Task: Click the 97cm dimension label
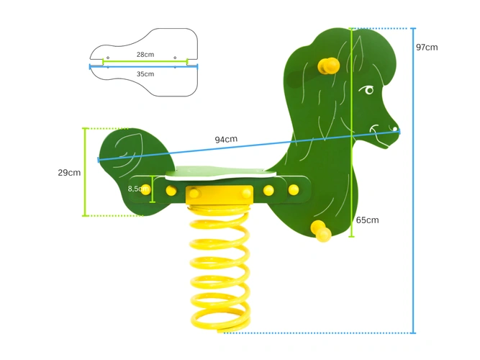pos(426,48)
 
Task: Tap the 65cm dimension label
pos(367,220)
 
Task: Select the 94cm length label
pos(226,139)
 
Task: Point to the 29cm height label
pos(69,173)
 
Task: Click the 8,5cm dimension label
pos(137,189)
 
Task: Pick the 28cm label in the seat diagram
pos(145,55)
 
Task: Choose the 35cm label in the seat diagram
pos(145,73)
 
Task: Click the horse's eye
pos(368,91)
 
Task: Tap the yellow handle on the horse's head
pos(328,66)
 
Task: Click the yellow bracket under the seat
pos(219,194)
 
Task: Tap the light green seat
pos(220,173)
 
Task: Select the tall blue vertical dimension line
pos(414,180)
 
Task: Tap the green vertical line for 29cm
pos(85,172)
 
